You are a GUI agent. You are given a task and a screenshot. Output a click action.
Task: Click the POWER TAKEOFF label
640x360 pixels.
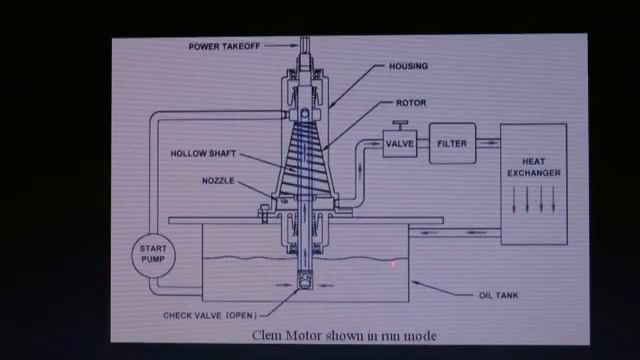[x=224, y=47]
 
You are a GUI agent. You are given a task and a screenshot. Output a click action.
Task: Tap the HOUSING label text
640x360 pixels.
[x=408, y=66]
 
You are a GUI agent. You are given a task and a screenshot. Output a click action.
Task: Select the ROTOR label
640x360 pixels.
[x=411, y=103]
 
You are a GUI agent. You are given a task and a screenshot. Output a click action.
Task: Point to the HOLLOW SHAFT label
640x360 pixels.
[x=203, y=153]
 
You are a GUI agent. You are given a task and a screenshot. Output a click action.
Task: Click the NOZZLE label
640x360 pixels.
[x=218, y=181]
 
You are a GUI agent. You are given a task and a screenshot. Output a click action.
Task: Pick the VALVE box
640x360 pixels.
[x=400, y=144]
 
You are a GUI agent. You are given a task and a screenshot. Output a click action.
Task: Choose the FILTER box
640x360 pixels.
[x=452, y=143]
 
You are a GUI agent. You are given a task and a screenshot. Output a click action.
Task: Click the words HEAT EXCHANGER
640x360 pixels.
[x=534, y=167]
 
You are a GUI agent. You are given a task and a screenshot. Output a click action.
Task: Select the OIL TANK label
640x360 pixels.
[x=498, y=295]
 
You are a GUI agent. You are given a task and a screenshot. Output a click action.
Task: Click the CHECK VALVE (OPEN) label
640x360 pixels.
[x=210, y=316]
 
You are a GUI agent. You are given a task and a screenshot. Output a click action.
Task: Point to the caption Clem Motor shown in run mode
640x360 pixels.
[x=344, y=336]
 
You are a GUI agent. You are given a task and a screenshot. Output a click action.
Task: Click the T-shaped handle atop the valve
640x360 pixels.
[x=400, y=124]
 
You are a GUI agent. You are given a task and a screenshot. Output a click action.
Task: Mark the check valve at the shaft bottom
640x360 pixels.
[x=304, y=282]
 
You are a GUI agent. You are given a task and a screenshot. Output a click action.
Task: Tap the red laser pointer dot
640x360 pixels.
[x=394, y=264]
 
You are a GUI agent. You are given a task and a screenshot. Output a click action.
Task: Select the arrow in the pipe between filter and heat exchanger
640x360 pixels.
[x=489, y=143]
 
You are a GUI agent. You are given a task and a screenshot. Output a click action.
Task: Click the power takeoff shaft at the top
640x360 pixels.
[x=305, y=49]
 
